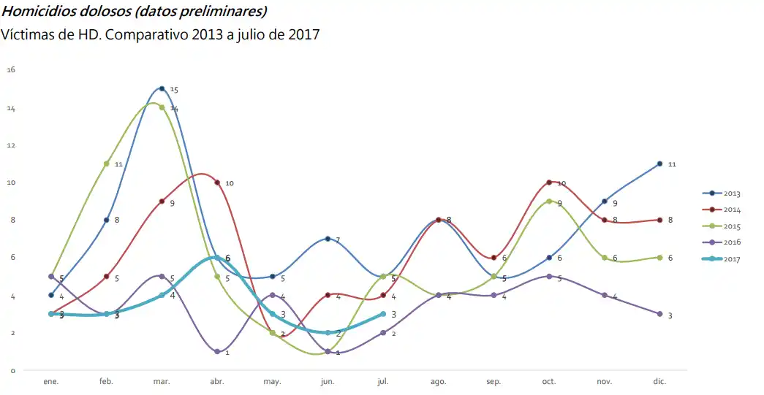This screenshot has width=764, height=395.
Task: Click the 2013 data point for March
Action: coord(162,88)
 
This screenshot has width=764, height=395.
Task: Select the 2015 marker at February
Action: coord(107,164)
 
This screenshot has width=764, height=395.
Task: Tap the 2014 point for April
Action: coord(217,183)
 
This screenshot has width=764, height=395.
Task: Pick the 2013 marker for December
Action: coord(659,164)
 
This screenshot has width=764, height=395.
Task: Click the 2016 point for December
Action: coord(659,314)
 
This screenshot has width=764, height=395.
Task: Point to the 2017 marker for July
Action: coord(383,314)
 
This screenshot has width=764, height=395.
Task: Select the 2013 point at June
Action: coord(328,239)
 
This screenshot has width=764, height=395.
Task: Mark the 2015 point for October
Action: coord(549,202)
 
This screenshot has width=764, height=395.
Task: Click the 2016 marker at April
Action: coord(217,352)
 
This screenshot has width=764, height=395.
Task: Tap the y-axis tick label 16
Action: coord(11,70)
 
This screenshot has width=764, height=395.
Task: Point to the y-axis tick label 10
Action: coord(11,183)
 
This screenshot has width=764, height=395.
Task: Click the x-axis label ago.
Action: coord(439,382)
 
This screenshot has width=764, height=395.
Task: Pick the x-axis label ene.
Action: coord(51,382)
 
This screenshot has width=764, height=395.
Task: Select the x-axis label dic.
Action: coord(659,382)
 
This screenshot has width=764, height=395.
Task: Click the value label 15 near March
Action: coord(174,90)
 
